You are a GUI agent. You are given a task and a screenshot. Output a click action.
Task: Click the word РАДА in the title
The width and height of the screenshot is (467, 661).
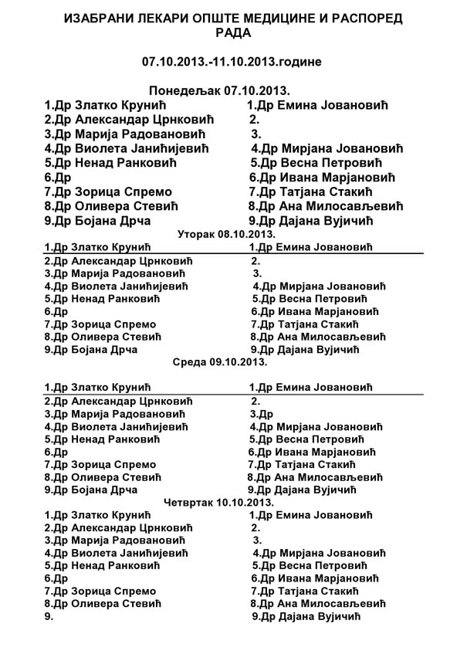[232, 33]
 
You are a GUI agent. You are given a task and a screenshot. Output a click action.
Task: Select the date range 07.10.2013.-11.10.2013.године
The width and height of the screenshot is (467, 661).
[232, 60]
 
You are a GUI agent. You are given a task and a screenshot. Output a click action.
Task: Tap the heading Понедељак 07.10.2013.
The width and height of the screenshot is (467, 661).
[232, 90]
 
